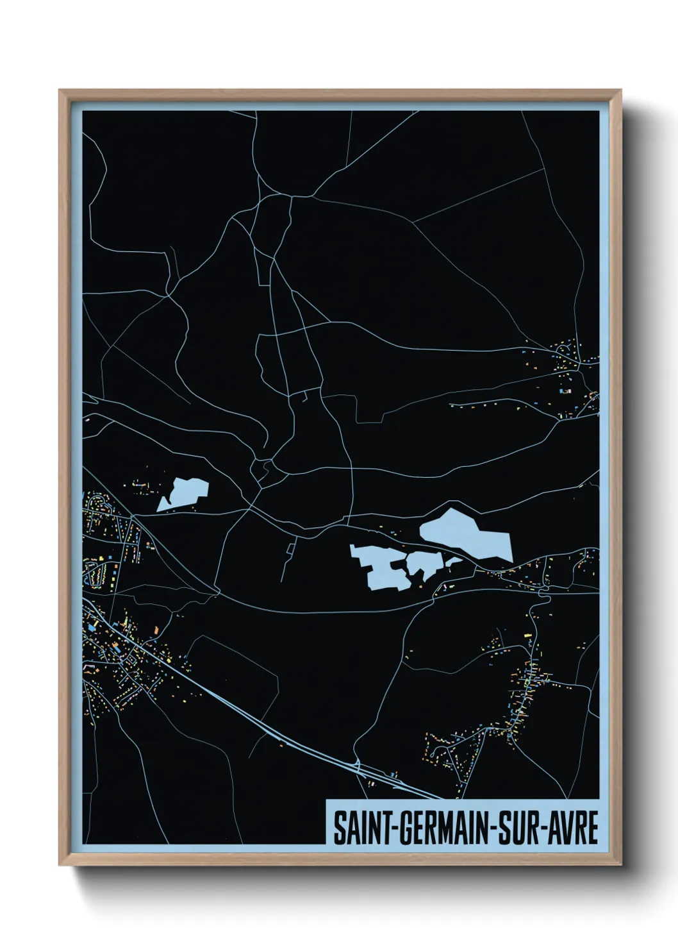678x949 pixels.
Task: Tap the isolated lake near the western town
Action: pos(185,494)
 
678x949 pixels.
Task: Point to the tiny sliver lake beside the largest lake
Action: pos(453,562)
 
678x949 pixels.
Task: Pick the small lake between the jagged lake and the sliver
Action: pos(422,564)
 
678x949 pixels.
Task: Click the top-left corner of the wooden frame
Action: pos(61,92)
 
